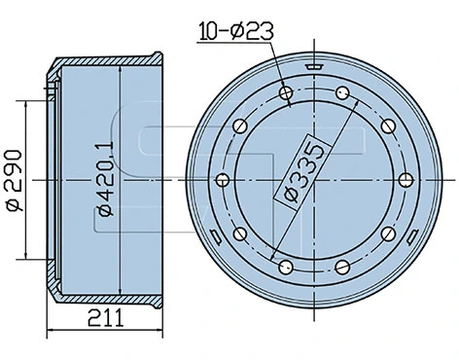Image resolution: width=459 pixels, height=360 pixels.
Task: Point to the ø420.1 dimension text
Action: point(104,183)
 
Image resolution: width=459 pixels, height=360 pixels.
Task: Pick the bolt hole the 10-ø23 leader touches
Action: point(285,94)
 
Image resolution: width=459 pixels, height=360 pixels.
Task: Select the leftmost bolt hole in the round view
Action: point(222,180)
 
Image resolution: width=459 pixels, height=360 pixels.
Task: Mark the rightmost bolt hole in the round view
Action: point(406,180)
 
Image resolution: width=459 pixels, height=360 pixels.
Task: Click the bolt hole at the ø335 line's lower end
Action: point(285,267)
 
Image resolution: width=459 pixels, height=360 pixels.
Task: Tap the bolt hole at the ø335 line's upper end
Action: point(342,93)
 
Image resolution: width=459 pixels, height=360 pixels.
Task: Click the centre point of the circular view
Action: point(314,180)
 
